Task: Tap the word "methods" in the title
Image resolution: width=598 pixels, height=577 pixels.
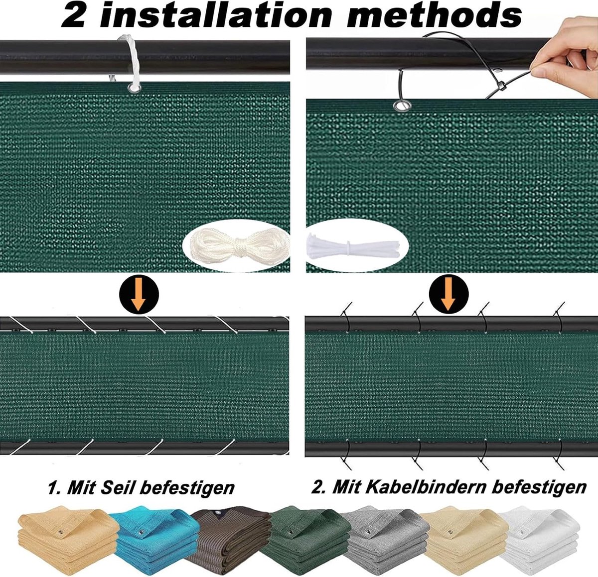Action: pyautogui.click(x=434, y=16)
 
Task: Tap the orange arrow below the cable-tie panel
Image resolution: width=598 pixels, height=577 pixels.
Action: pyautogui.click(x=448, y=294)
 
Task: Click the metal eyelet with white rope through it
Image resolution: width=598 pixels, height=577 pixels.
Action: pyautogui.click(x=134, y=89)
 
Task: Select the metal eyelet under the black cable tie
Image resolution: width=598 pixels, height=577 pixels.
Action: pyautogui.click(x=402, y=106)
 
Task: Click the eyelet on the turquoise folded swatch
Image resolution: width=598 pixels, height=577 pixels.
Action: pyautogui.click(x=141, y=532)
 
